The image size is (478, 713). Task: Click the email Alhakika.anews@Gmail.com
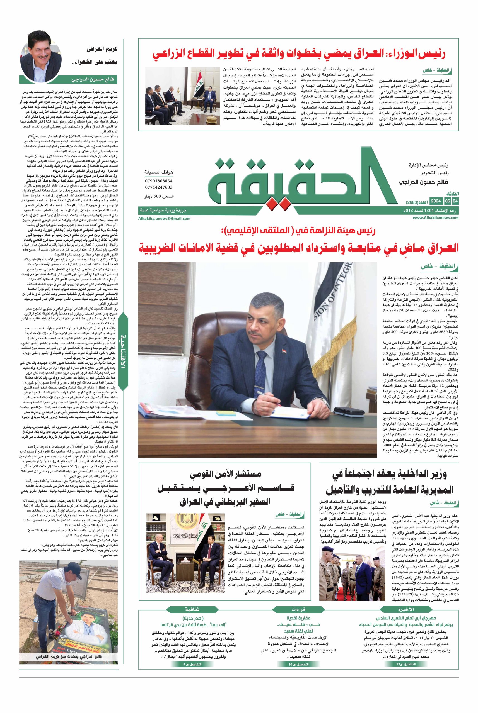(164, 218)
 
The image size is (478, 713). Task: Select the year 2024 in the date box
(436, 201)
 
